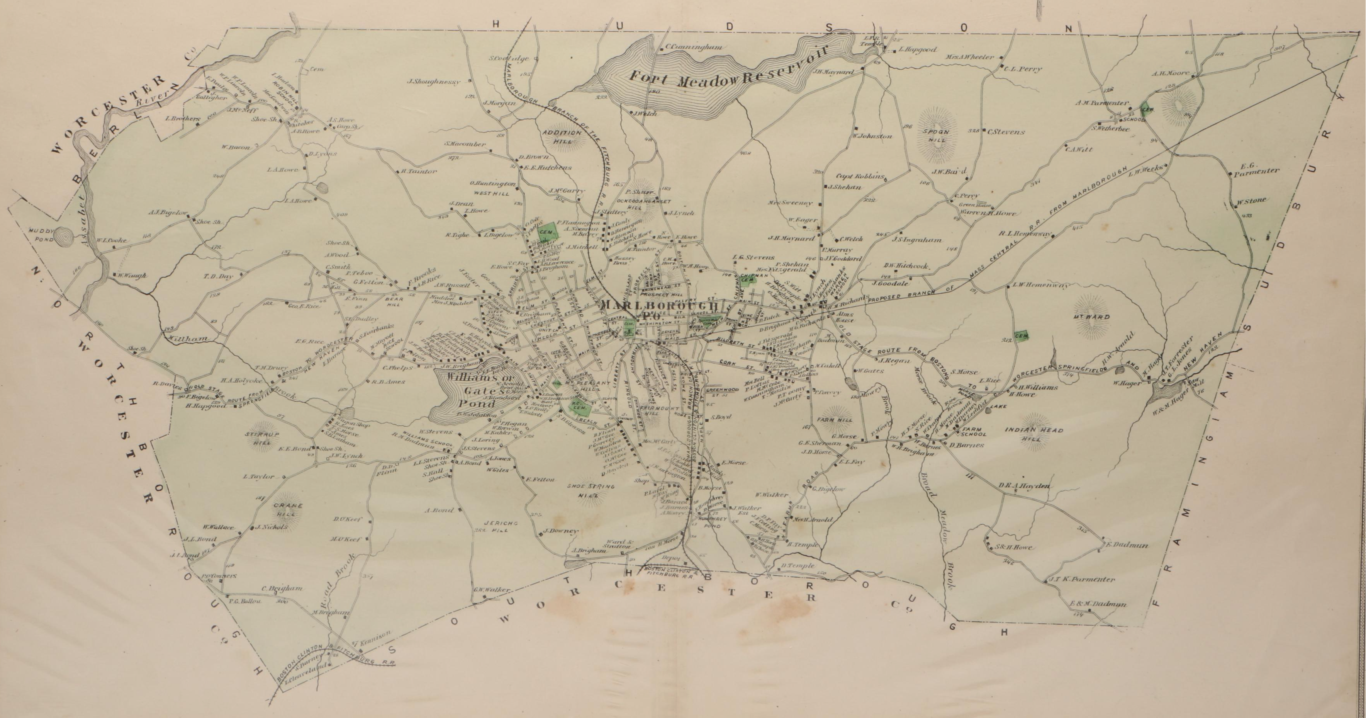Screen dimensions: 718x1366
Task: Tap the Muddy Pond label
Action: point(42,235)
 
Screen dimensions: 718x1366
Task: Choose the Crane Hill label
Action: point(287,509)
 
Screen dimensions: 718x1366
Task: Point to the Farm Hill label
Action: point(838,420)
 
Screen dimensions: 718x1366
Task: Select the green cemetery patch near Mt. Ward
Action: point(1022,336)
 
